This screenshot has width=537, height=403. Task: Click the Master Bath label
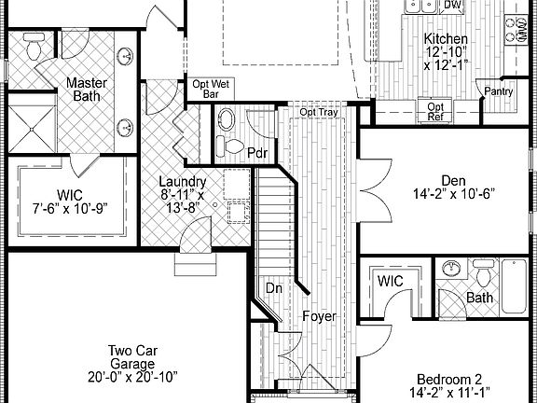(87, 90)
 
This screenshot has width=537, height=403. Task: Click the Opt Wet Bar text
(210, 89)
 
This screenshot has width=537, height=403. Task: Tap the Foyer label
(319, 316)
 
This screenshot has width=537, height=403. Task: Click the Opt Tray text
(319, 113)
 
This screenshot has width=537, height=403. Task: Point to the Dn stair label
(274, 289)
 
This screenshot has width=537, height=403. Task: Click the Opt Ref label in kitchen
(436, 112)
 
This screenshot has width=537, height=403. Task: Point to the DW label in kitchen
(453, 6)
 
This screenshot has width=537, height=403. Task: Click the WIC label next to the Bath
(390, 281)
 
